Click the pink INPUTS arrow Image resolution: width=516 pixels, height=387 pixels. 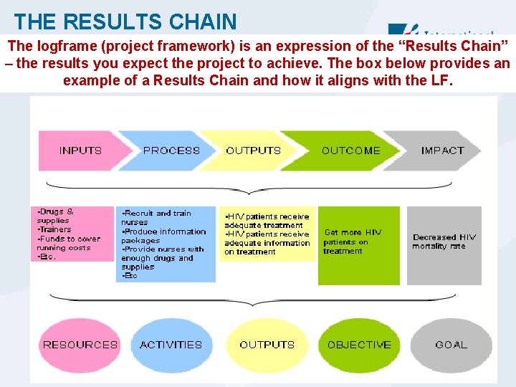[81, 150]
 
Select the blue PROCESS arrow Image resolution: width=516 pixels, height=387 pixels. [171, 150]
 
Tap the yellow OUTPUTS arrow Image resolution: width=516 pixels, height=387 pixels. [253, 150]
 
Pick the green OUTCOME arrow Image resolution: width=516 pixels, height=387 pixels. [351, 150]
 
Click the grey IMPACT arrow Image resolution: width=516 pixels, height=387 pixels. [442, 150]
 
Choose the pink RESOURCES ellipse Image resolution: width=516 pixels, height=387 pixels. [80, 345]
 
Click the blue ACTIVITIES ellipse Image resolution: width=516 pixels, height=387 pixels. [171, 345]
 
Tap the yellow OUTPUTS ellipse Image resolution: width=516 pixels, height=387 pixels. [267, 345]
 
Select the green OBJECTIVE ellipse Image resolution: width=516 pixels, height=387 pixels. [359, 345]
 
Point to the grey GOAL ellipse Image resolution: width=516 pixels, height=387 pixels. [451, 345]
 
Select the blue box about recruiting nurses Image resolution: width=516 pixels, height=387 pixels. [165, 244]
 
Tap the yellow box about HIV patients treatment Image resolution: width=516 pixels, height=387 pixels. [267, 234]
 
